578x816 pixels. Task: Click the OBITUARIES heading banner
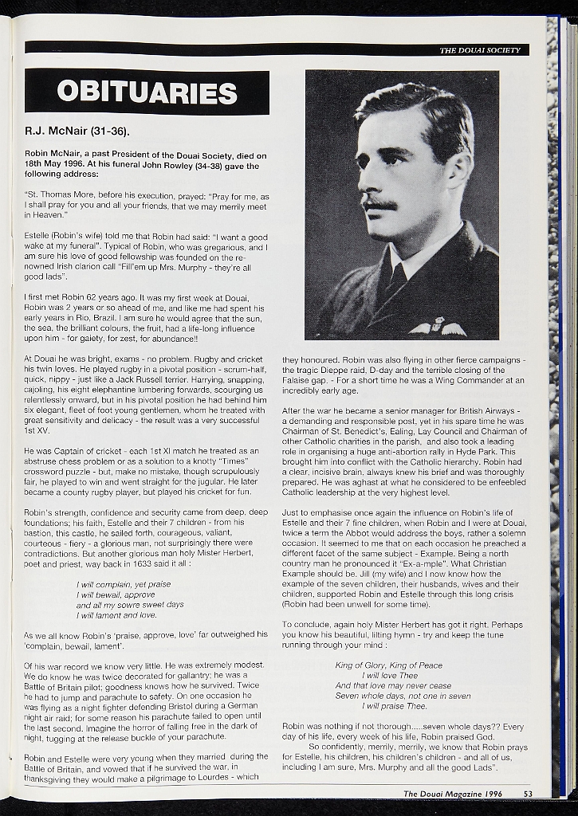coord(147,92)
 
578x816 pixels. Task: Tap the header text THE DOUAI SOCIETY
coord(479,50)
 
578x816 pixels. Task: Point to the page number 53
coord(529,793)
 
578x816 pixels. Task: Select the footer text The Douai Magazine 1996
coord(452,793)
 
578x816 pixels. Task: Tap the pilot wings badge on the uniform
coord(437,328)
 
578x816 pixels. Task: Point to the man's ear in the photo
coord(458,170)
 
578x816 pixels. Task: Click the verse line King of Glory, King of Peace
coord(389,665)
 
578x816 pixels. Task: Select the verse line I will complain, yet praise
coord(124,584)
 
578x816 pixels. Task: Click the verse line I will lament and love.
coord(116,615)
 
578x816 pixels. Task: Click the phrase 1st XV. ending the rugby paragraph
coord(35,430)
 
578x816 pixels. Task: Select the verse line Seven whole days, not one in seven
coord(403,696)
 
